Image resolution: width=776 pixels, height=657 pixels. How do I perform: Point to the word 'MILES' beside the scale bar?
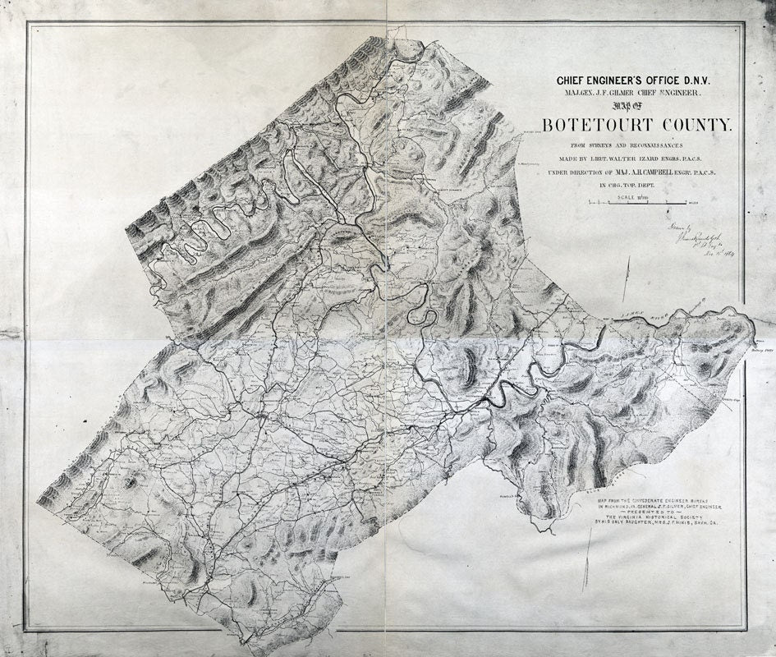click(x=695, y=202)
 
